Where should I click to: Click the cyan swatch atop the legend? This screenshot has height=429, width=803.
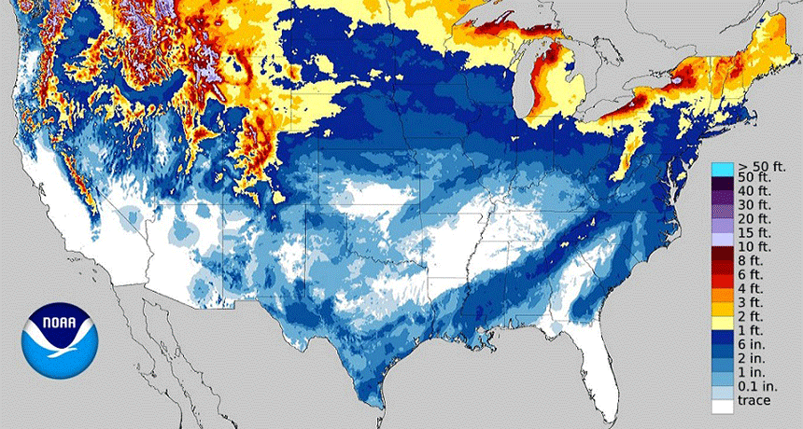coord(722,169)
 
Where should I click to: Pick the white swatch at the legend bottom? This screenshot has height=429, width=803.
coord(722,407)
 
